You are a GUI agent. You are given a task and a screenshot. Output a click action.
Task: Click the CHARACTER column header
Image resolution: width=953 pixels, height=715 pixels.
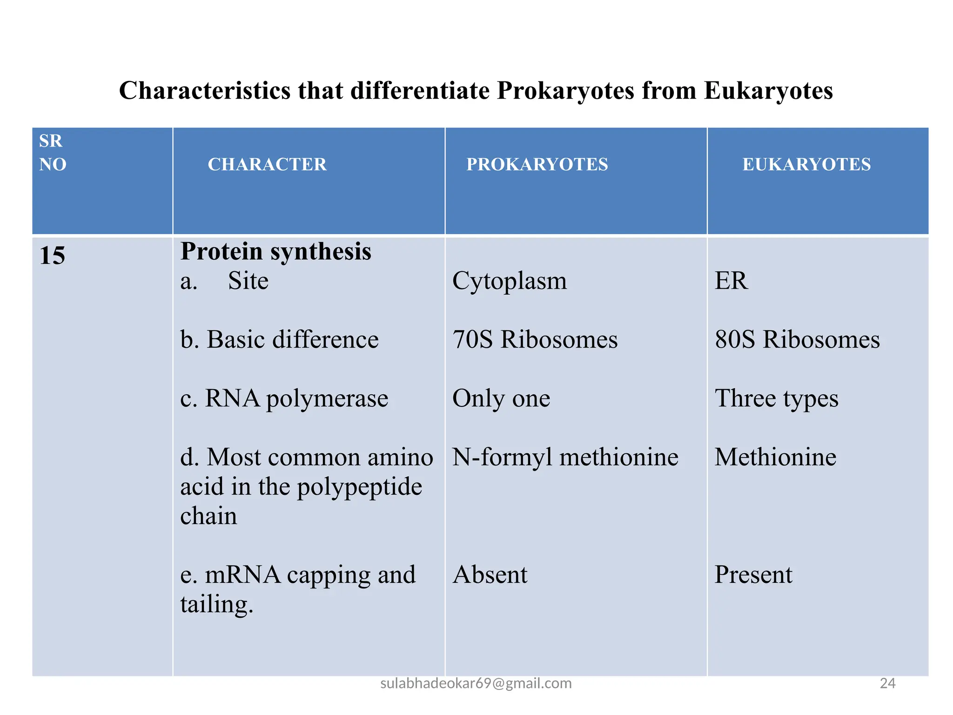click(267, 164)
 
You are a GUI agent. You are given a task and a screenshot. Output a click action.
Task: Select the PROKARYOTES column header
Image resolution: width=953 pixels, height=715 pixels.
click(537, 164)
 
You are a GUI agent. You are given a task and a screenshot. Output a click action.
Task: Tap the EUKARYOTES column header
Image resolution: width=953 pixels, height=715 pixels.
click(806, 164)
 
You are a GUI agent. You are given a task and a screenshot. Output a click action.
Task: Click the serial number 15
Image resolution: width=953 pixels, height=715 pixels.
click(52, 256)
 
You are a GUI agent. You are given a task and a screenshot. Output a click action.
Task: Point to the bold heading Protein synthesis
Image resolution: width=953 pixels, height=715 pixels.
click(275, 252)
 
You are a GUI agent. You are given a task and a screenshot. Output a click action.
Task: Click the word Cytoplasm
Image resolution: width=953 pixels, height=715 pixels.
click(510, 281)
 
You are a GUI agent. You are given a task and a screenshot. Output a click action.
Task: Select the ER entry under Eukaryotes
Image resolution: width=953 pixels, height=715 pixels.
click(731, 281)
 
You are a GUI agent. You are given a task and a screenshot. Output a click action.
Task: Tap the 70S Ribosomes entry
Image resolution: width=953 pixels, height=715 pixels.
click(535, 339)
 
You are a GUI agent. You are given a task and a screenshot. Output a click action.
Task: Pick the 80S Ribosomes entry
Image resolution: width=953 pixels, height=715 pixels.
click(797, 339)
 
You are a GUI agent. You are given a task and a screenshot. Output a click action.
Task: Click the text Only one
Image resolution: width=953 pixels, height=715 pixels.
click(501, 398)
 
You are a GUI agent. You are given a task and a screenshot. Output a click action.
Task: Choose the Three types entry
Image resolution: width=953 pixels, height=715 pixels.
click(776, 398)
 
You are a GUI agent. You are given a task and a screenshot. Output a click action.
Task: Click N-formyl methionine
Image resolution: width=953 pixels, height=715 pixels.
click(565, 457)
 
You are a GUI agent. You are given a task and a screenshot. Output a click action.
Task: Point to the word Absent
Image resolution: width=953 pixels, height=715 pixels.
click(490, 574)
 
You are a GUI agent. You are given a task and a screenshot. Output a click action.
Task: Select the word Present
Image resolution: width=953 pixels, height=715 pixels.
click(753, 574)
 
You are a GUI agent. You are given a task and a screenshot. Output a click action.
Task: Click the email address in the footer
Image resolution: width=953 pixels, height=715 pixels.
click(476, 683)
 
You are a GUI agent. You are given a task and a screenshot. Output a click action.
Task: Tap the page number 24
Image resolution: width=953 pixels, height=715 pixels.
click(887, 683)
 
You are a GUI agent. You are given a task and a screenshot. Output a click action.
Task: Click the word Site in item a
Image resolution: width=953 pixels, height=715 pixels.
click(248, 281)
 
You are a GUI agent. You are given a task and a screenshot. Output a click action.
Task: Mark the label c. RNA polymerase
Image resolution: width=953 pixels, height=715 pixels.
click(284, 398)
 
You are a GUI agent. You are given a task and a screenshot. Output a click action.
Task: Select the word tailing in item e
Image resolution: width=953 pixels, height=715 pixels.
click(216, 604)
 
